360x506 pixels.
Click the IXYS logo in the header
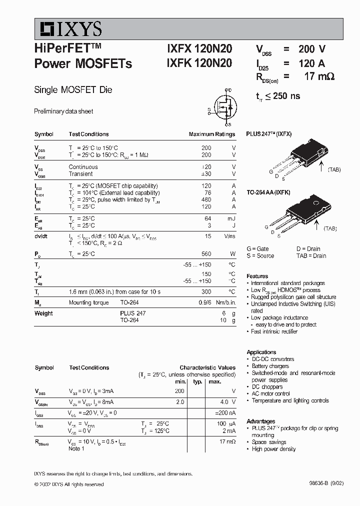click(68, 29)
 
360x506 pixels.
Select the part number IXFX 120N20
click(199, 49)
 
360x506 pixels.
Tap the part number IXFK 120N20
click(199, 63)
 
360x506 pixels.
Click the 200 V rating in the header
click(312, 49)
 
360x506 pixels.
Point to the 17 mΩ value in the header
click(318, 76)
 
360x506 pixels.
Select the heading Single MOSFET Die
click(73, 90)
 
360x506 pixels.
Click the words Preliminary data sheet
click(63, 111)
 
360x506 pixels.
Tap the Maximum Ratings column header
click(211, 134)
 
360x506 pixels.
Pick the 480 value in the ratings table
click(206, 199)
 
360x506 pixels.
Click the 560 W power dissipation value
click(206, 254)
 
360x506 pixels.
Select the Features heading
click(257, 276)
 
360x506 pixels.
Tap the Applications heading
click(261, 352)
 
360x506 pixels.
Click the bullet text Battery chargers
click(270, 366)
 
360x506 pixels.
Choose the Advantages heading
click(260, 421)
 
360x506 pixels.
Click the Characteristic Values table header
click(207, 367)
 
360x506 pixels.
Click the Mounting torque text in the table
click(87, 302)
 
